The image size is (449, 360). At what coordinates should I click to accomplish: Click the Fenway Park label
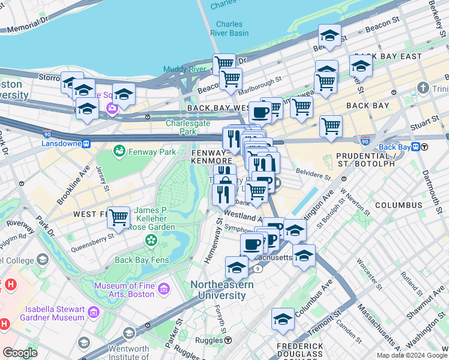tap(151, 152)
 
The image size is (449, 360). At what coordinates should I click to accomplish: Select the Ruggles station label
tap(210, 340)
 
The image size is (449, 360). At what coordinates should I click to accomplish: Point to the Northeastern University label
tap(221, 290)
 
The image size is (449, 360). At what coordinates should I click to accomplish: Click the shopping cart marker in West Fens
tap(119, 217)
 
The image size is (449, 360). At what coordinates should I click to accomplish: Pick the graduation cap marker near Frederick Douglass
tap(283, 320)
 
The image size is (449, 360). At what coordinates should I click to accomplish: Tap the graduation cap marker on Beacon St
tap(330, 36)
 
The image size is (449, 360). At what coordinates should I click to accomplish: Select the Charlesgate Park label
tap(181, 127)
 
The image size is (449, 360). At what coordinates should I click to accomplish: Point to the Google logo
tap(20, 353)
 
